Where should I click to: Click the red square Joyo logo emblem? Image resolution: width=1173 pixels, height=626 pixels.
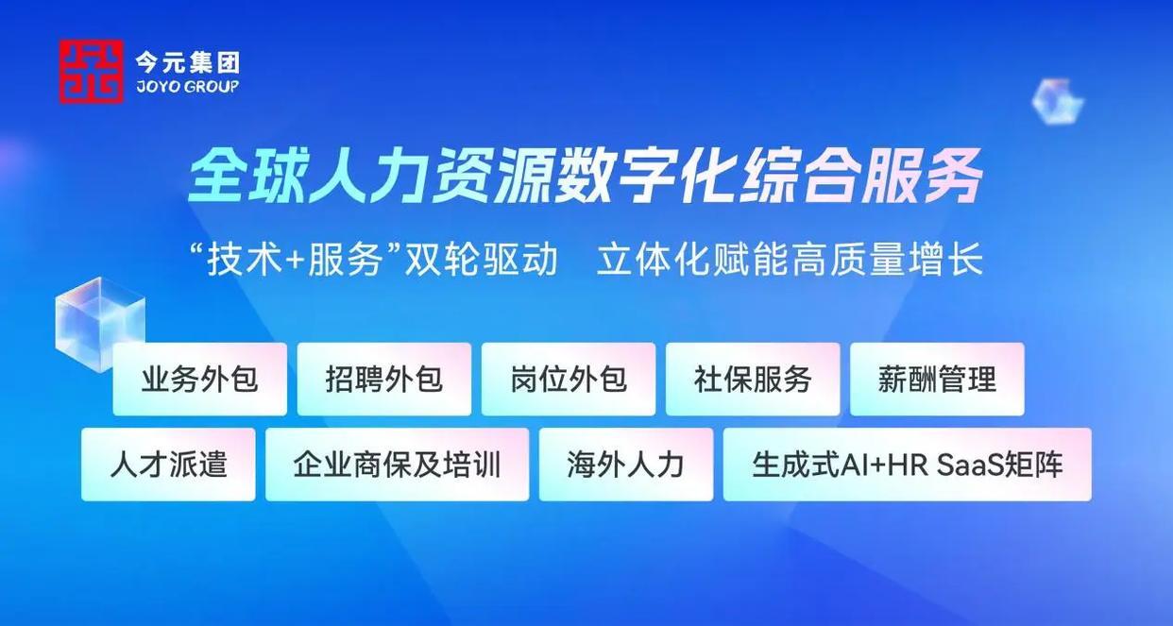(91, 71)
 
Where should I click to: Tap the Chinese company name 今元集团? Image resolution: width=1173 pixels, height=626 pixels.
(187, 63)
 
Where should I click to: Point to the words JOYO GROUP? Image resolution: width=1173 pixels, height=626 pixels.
(187, 86)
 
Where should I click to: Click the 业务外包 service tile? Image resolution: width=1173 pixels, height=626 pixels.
(199, 379)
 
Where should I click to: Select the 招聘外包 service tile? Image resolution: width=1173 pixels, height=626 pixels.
(383, 379)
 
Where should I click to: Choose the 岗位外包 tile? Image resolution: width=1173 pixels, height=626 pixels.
(569, 379)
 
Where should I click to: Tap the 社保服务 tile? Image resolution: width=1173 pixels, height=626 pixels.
(753, 379)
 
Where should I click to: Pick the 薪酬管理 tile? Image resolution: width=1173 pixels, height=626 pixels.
(937, 379)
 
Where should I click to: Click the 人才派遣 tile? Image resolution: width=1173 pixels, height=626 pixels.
(168, 465)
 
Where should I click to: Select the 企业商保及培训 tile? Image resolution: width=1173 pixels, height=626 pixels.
(397, 465)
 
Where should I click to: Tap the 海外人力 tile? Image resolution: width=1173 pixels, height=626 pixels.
(626, 465)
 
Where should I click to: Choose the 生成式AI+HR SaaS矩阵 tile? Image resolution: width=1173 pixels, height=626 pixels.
(907, 465)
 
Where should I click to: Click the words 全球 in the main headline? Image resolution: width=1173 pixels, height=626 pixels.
(246, 176)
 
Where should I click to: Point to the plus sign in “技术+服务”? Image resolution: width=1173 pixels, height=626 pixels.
(296, 261)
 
